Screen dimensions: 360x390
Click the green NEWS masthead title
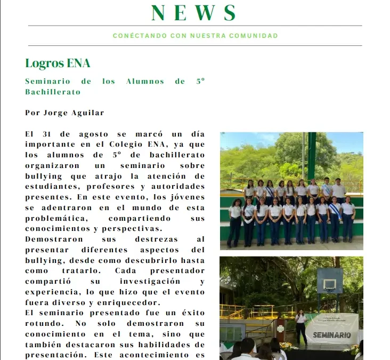pos(194,13)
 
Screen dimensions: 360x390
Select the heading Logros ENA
pos(58,63)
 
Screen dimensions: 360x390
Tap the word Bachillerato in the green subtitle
pos(53,92)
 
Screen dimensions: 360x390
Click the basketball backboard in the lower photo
pos(330,281)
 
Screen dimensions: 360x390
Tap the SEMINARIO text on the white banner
pos(331,335)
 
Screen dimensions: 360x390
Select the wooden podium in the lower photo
pos(281,331)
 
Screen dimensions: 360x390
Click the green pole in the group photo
pos(311,155)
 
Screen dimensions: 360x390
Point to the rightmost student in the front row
pos(348,219)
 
